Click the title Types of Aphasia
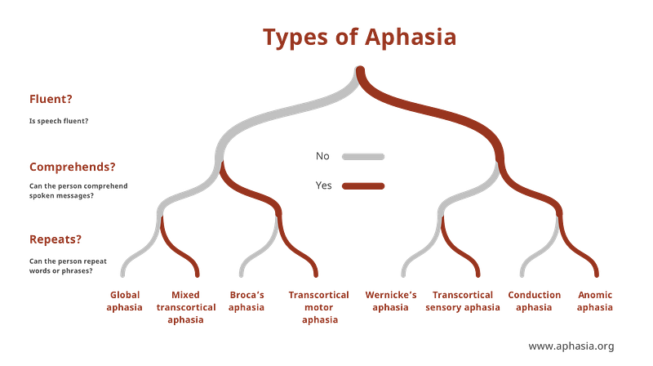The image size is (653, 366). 359,38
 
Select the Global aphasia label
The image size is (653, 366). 124,301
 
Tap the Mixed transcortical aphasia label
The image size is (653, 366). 186,307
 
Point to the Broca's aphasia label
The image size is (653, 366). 247,301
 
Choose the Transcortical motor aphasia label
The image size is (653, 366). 319,307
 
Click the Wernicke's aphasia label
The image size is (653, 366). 391,301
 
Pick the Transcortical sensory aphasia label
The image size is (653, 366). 463,301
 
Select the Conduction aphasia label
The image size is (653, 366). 535,301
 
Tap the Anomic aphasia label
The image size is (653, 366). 595,301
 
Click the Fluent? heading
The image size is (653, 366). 51,99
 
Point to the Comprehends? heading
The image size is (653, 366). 72,167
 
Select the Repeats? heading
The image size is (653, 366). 56,239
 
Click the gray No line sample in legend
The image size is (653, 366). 363,157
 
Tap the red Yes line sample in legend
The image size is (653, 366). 363,186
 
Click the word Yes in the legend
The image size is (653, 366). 323,185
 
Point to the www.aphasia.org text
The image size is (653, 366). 571,346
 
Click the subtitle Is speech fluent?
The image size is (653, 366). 59,121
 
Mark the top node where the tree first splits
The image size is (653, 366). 360,69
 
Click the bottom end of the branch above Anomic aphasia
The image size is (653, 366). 597,275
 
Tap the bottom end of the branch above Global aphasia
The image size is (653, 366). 122,275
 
